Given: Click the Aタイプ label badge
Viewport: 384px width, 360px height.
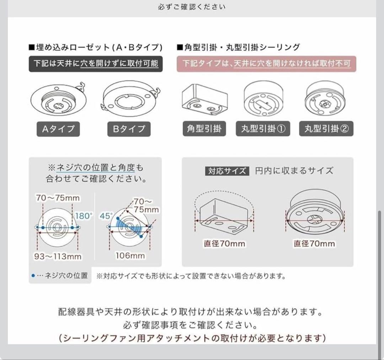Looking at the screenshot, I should (x=58, y=129).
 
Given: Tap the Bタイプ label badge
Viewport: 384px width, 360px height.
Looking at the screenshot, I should (x=129, y=129).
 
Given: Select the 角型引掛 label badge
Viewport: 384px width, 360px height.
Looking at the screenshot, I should (x=204, y=129).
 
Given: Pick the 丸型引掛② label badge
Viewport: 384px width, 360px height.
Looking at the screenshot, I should (x=326, y=129).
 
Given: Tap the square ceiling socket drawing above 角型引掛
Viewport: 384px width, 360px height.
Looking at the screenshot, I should (x=204, y=100).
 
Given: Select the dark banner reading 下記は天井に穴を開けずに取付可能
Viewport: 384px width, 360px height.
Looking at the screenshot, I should (x=96, y=64).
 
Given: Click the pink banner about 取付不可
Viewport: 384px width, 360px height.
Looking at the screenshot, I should (x=266, y=64).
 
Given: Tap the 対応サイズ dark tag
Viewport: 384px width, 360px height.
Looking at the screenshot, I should (x=227, y=171).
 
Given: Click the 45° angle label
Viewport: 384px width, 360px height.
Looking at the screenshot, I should (x=107, y=216).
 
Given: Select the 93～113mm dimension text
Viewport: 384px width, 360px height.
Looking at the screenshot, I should (x=59, y=256).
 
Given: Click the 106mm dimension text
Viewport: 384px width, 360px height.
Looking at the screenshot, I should (x=130, y=256).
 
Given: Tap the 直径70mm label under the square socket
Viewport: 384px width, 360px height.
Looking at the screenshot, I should (x=224, y=244).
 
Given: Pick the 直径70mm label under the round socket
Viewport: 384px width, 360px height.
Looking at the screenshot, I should (x=314, y=244).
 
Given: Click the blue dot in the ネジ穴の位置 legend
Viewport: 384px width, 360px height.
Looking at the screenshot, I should (x=33, y=275).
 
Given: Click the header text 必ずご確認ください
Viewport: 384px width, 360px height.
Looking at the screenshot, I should (x=192, y=7).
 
